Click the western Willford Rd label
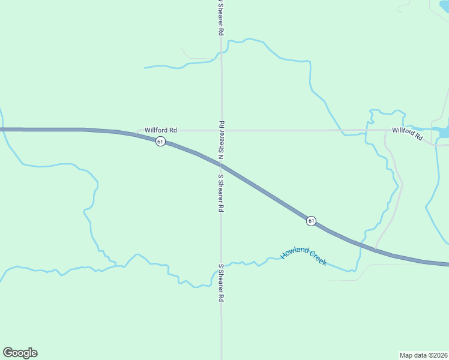[161, 130]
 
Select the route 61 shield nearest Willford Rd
[160, 141]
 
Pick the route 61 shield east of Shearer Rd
[310, 221]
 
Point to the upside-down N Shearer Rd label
[221, 139]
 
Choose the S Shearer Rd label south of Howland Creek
[221, 282]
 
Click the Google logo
[20, 353]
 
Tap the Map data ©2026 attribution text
[423, 355]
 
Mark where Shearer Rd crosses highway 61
[221, 164]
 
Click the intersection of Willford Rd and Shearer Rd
[221, 130]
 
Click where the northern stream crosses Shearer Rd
[221, 53]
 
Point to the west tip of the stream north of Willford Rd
[145, 67]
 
